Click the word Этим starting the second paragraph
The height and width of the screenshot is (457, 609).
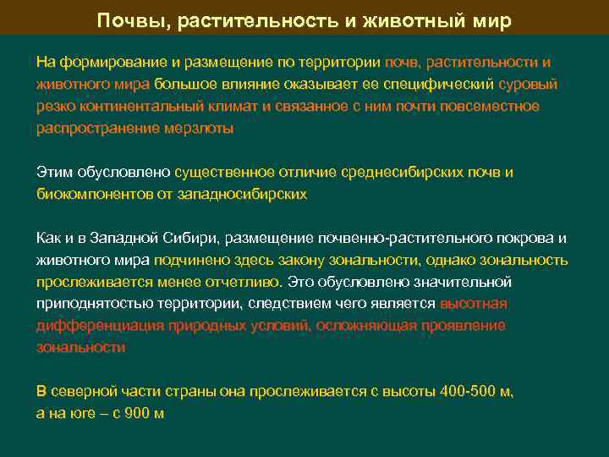click(52, 172)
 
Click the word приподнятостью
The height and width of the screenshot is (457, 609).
click(90, 303)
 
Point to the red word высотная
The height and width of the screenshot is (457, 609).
click(474, 303)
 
